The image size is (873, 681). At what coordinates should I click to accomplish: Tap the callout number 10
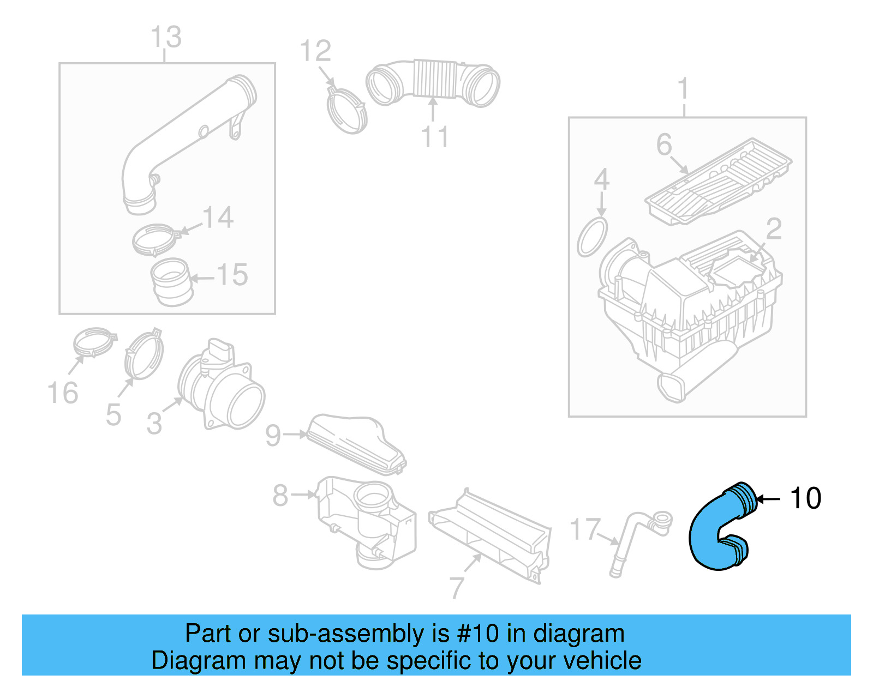pos(805,498)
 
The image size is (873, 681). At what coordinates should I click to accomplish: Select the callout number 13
pos(166,37)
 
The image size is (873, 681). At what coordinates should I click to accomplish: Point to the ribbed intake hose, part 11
pos(434,82)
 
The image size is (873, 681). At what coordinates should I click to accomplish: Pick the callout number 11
pos(435,137)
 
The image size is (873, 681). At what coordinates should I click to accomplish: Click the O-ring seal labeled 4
pos(593,237)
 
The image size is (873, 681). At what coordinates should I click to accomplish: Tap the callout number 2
pos(774,229)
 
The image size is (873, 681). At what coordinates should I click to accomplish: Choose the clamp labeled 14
pos(155,240)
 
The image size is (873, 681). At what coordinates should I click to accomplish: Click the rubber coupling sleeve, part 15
pos(171,281)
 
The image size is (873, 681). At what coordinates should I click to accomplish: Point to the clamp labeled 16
pos(94,341)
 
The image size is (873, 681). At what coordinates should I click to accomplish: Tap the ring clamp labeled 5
pos(144,355)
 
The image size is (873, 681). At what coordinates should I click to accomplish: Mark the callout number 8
pos(280,495)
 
